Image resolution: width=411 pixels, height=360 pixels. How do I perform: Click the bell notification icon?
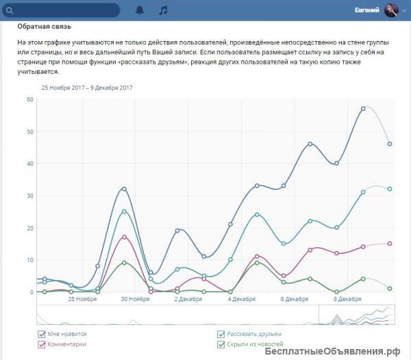click(x=140, y=10)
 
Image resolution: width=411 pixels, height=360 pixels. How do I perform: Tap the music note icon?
click(x=162, y=10)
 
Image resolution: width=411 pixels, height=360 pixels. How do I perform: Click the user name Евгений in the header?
click(x=367, y=10)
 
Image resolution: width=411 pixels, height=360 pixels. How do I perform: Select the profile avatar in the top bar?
click(x=391, y=10)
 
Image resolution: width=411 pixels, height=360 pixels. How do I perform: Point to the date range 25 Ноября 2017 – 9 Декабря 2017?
click(x=87, y=88)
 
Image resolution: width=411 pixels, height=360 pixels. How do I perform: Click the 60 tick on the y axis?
click(x=29, y=99)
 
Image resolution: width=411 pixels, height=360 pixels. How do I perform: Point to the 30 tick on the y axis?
click(x=29, y=196)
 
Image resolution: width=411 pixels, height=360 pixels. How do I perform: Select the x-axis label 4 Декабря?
click(x=242, y=299)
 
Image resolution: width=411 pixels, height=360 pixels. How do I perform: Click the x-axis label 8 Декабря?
click(x=348, y=299)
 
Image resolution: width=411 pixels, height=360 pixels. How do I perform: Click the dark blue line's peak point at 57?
click(x=364, y=109)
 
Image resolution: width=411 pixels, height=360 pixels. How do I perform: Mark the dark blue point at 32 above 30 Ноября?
click(x=124, y=189)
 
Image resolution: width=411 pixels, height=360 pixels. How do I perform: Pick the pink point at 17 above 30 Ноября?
click(x=124, y=237)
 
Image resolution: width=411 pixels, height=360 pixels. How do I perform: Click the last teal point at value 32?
click(x=390, y=189)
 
